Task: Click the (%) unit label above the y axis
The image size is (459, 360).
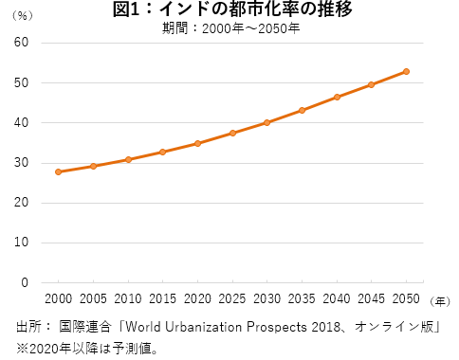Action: tap(22, 16)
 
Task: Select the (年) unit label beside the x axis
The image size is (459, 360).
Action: tap(439, 300)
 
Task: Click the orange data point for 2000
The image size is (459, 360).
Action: tap(59, 171)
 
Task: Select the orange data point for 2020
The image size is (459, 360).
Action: tap(197, 143)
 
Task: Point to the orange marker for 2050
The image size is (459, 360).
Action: tap(406, 71)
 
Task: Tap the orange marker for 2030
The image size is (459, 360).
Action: tap(267, 122)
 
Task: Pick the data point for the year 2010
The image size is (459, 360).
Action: tap(128, 159)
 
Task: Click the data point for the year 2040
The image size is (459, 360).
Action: tap(337, 97)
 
